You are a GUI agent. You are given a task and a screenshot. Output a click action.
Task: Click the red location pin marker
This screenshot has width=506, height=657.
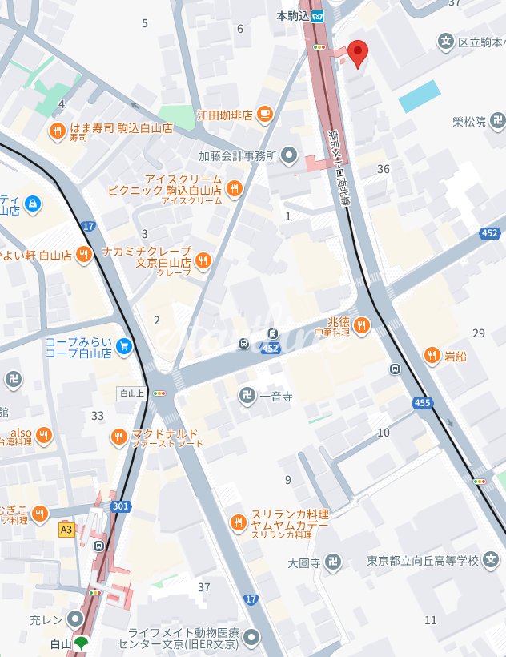[357, 53]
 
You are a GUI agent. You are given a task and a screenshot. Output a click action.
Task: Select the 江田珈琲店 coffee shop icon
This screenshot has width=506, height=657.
[264, 115]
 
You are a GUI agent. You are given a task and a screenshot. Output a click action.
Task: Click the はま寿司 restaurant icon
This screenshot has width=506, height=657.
[57, 131]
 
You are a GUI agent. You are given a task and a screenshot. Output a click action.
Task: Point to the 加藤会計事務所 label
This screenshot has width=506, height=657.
[238, 155]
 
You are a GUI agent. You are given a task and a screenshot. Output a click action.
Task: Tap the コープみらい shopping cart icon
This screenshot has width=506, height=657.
[123, 346]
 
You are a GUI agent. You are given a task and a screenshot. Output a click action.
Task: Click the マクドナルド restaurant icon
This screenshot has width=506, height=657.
[119, 437]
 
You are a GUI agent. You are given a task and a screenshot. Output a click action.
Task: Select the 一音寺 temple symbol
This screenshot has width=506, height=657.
[246, 393]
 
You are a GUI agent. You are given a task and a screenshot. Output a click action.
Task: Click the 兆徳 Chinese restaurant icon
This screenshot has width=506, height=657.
[362, 324]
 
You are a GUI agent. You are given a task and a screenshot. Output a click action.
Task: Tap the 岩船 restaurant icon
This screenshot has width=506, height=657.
[432, 355]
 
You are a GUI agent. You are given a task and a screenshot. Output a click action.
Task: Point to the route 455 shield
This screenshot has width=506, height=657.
[424, 402]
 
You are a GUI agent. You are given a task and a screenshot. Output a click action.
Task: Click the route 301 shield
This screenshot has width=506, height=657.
[121, 506]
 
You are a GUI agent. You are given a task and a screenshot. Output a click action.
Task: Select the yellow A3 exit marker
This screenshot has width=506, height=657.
[66, 529]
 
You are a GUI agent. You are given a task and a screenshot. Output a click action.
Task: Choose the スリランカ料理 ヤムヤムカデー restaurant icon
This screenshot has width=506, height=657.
[238, 522]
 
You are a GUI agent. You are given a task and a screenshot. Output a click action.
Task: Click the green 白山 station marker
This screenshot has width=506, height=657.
[80, 643]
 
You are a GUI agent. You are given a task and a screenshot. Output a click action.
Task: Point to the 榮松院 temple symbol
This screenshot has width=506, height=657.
[498, 122]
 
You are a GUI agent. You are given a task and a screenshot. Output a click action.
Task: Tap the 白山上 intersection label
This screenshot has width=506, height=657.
[129, 393]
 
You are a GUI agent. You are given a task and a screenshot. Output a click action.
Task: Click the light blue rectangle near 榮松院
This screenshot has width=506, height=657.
[420, 96]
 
